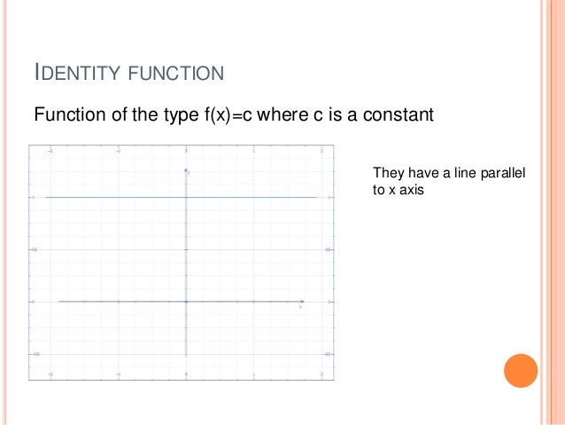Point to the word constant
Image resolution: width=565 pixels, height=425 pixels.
coord(401,115)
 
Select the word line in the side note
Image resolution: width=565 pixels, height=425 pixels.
coord(465,172)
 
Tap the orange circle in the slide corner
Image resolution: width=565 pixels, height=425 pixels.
coord(521,371)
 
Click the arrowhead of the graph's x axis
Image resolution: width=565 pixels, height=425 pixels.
coord(303,302)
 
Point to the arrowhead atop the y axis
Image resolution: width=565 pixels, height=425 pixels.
coord(186,169)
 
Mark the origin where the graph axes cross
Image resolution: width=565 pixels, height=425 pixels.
coord(186,302)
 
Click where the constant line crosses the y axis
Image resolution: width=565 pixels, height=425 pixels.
coord(186,197)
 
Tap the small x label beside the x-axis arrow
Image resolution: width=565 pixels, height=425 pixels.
coord(300,307)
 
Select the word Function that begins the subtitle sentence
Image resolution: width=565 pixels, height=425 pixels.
coord(65,115)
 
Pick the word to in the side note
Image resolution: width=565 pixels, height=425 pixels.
coord(379,188)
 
